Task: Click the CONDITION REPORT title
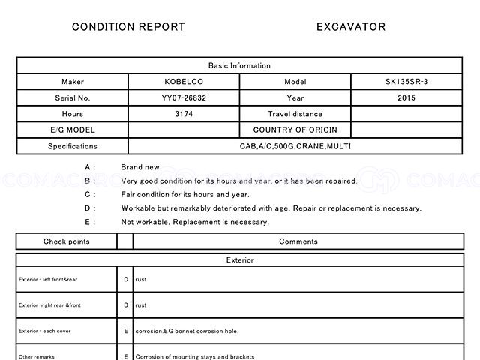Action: pos(128,27)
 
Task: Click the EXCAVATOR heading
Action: pos(351,27)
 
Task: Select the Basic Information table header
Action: pos(239,65)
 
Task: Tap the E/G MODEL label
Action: pos(73,130)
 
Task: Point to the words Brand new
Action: pos(140,167)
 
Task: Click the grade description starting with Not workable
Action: pos(195,222)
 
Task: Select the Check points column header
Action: pos(66,241)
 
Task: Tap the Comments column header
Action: pos(298,241)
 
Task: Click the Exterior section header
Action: pos(239,260)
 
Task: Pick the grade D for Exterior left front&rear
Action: pos(126,279)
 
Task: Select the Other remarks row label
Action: pos(37,356)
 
